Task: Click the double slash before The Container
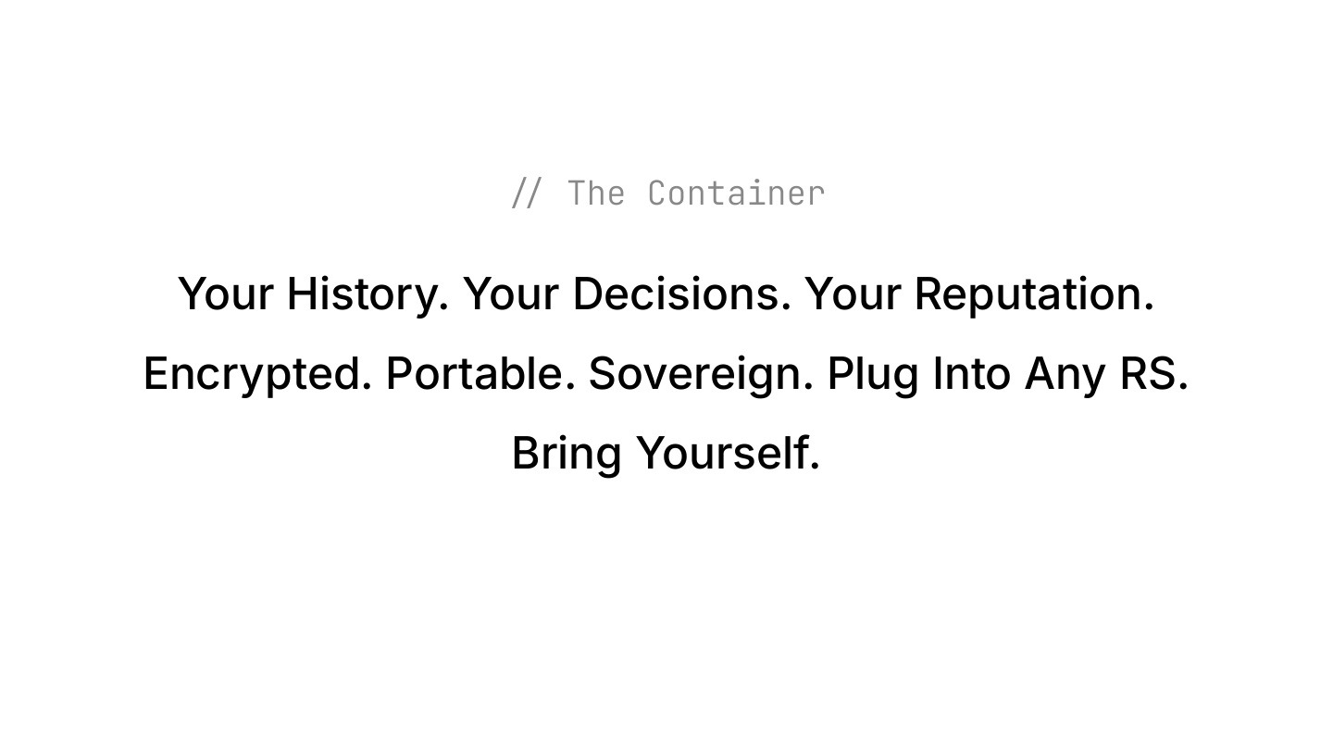click(525, 194)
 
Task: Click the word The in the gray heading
click(596, 194)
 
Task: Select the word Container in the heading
click(736, 194)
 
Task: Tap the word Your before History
click(225, 294)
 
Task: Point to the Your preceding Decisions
click(510, 294)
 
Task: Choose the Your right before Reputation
click(852, 294)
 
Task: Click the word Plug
click(873, 375)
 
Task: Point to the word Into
click(971, 373)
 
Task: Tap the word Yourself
click(722, 453)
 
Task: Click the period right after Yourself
click(815, 467)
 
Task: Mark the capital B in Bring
click(525, 453)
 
